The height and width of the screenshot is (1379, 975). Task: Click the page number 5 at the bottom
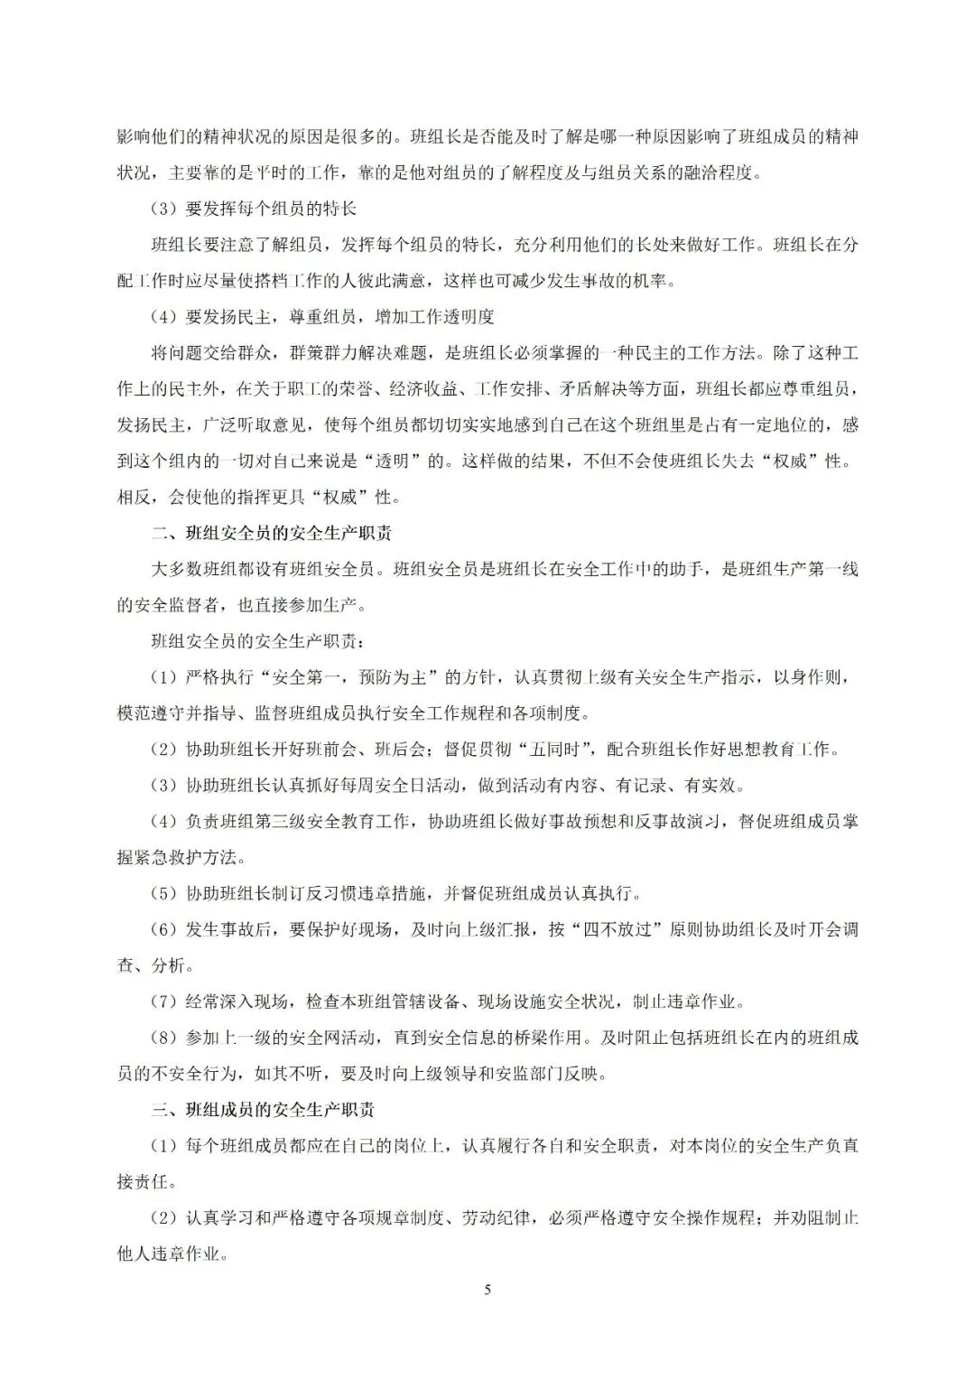point(487,1290)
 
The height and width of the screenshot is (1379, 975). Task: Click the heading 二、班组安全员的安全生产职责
point(270,533)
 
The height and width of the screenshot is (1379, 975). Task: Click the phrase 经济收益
point(424,389)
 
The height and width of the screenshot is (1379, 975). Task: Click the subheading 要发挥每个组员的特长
point(271,209)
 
